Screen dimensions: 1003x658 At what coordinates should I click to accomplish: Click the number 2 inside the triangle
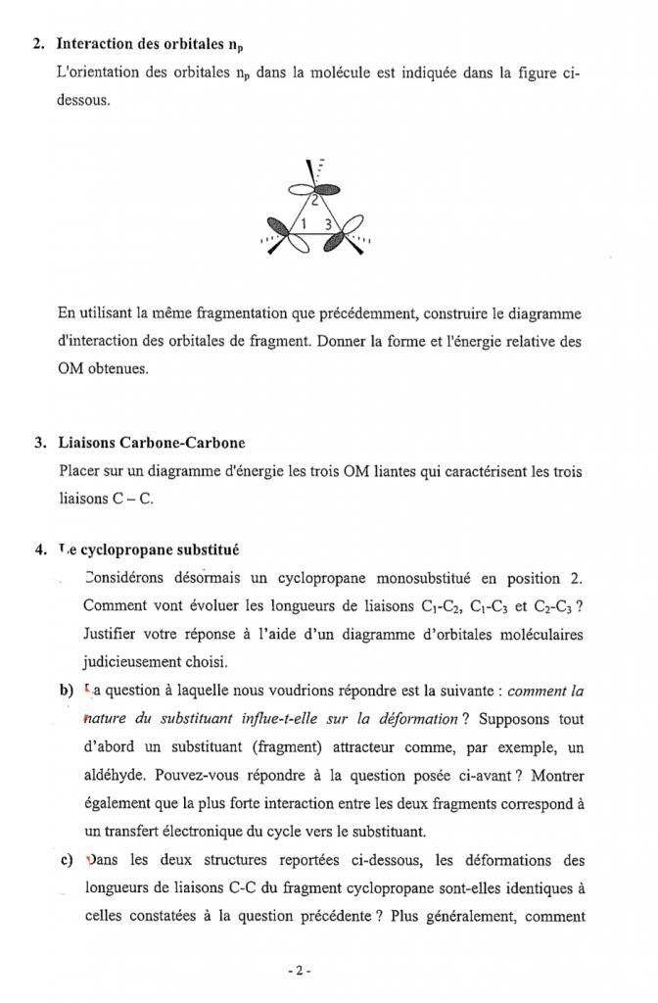(314, 203)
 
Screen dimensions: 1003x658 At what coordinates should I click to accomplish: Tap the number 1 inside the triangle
(304, 223)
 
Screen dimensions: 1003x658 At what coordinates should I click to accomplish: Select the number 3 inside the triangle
(328, 223)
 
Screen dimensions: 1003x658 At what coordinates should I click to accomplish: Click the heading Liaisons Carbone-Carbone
(151, 444)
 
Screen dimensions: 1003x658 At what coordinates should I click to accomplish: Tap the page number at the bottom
(301, 972)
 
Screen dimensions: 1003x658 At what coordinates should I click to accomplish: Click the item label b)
(66, 691)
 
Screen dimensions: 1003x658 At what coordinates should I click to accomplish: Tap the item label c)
(66, 861)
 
